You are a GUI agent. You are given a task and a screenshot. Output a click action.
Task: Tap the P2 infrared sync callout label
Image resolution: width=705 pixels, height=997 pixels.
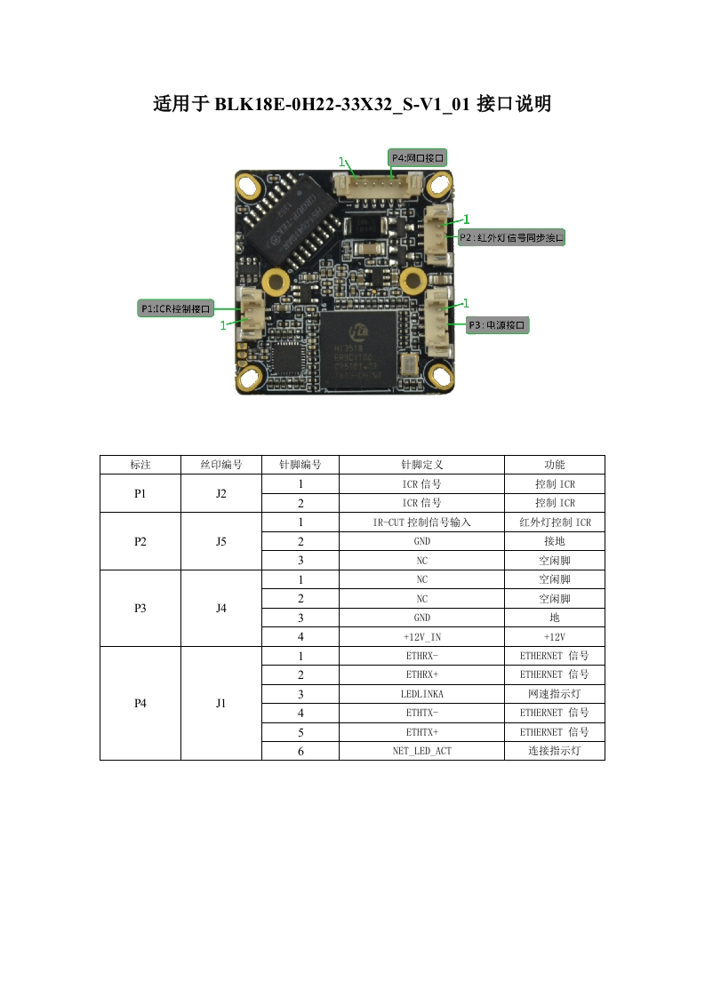tap(511, 237)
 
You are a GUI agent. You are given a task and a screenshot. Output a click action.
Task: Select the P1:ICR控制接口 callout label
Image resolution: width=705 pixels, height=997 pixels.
tap(176, 307)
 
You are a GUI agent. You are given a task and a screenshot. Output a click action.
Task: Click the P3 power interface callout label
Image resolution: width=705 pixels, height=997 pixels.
tap(497, 325)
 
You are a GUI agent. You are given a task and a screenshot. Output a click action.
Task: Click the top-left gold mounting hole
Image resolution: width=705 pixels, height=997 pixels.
tap(249, 187)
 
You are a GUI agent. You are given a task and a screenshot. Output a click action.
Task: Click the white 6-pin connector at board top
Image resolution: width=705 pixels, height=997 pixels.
tap(376, 186)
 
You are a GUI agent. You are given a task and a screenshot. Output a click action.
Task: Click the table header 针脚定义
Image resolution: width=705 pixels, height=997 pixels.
tap(421, 465)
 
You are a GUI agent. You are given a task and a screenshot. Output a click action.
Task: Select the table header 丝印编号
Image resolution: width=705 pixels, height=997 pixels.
tap(220, 465)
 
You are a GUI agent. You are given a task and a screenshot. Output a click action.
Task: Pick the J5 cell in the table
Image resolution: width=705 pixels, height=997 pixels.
tap(220, 541)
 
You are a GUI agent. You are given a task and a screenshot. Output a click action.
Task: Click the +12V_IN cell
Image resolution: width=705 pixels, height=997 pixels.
tap(421, 636)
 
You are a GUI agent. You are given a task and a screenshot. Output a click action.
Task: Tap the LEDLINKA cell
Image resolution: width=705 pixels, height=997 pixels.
tap(421, 694)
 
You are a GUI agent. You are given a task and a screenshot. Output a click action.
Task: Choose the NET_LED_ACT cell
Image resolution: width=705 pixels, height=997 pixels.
tap(421, 751)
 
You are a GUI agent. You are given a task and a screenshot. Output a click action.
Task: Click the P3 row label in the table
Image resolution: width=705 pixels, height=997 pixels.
tap(140, 608)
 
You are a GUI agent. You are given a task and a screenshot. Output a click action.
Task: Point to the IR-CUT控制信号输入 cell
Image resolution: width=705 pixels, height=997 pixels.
tap(421, 522)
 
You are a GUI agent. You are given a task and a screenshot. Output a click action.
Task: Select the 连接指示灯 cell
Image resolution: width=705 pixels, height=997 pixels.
tap(554, 751)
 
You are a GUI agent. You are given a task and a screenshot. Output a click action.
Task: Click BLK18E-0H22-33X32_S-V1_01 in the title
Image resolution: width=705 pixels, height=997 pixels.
tap(341, 105)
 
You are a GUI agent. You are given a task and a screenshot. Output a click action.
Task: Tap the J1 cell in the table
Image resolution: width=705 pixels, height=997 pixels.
tap(220, 703)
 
